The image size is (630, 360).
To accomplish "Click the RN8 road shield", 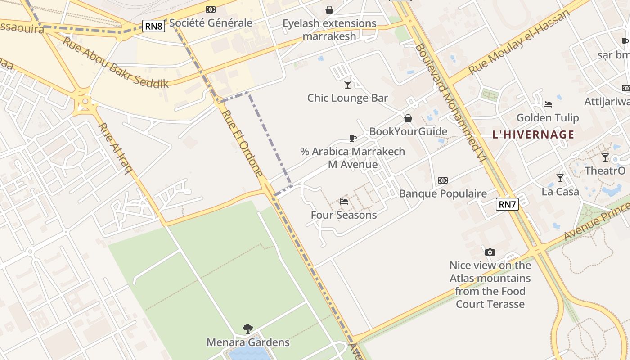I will (153, 26).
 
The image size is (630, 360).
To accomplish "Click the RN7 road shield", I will (507, 204).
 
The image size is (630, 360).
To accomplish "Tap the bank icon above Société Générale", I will (211, 9).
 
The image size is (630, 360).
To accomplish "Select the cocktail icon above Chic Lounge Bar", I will (347, 84).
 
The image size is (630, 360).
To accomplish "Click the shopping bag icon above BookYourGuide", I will (408, 118).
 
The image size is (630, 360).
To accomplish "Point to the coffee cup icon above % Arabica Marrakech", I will (352, 138).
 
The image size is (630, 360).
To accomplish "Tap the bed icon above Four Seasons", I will (344, 202).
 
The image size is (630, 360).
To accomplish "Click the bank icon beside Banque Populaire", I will (443, 180).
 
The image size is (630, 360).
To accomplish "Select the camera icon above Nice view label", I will (490, 252).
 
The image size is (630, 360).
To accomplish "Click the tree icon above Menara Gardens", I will (247, 329).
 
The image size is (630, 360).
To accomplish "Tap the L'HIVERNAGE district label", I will (533, 135).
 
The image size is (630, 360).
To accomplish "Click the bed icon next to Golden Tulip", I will (548, 104).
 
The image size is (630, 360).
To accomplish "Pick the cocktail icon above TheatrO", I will (605, 157).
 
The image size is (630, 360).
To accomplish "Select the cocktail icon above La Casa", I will (560, 178).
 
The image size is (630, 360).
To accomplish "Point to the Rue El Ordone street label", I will (242, 143).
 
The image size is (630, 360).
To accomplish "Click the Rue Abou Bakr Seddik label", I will (115, 63).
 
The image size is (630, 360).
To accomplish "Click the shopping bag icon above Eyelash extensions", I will (329, 10).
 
